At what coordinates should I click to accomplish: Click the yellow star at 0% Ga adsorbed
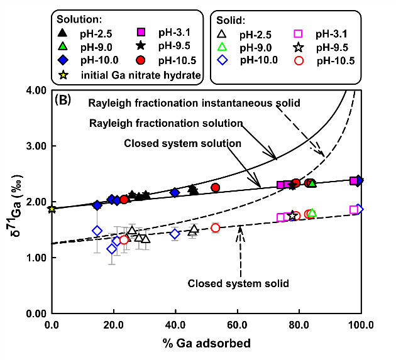52,209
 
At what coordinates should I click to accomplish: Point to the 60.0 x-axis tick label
238,325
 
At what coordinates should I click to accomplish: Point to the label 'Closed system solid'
238,283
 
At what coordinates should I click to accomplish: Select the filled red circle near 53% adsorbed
215,187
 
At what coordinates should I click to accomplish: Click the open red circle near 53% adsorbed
215,227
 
